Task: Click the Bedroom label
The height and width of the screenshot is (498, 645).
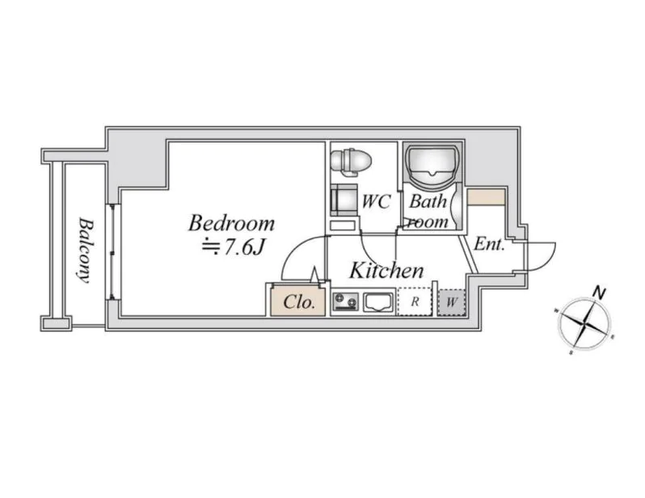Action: tap(232, 223)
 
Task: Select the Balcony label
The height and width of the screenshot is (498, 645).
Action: tap(85, 251)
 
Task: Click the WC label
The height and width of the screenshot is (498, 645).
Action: tap(376, 201)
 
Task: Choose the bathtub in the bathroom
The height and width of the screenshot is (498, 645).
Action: tap(432, 163)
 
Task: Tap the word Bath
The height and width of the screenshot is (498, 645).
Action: tap(428, 201)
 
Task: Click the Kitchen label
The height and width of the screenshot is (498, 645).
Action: tap(386, 270)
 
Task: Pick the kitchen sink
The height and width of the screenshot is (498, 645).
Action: tap(378, 302)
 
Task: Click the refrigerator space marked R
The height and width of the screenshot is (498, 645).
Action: tap(415, 302)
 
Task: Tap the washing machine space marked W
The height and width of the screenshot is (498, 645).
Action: tap(452, 302)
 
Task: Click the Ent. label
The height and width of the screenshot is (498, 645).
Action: tap(489, 244)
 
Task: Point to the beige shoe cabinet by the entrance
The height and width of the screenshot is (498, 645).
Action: tap(486, 196)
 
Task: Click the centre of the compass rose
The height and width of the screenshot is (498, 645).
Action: tap(585, 323)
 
